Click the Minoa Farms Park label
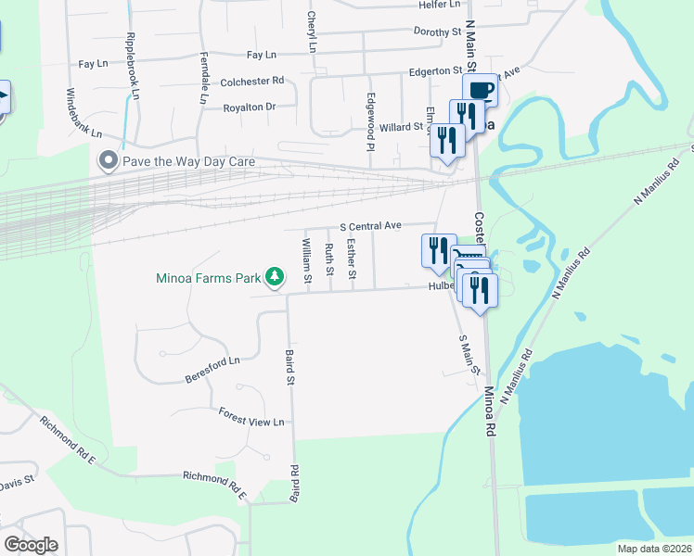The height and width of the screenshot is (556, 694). click(209, 277)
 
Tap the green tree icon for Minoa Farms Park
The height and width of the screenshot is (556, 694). click(275, 276)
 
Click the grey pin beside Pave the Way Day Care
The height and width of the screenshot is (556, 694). click(109, 160)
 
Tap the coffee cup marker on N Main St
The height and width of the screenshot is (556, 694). click(480, 90)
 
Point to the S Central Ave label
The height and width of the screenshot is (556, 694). click(370, 225)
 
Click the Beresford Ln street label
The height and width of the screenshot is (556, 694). click(212, 369)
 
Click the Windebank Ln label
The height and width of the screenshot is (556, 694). click(84, 112)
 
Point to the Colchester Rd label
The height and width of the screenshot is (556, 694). click(251, 82)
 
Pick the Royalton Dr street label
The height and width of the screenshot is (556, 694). click(251, 107)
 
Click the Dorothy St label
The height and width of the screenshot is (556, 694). click(437, 32)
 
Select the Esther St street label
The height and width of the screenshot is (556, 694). click(352, 259)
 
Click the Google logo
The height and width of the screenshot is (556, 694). click(31, 545)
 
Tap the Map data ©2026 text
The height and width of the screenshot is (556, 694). click(654, 549)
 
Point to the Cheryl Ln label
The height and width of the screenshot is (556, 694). click(313, 32)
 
